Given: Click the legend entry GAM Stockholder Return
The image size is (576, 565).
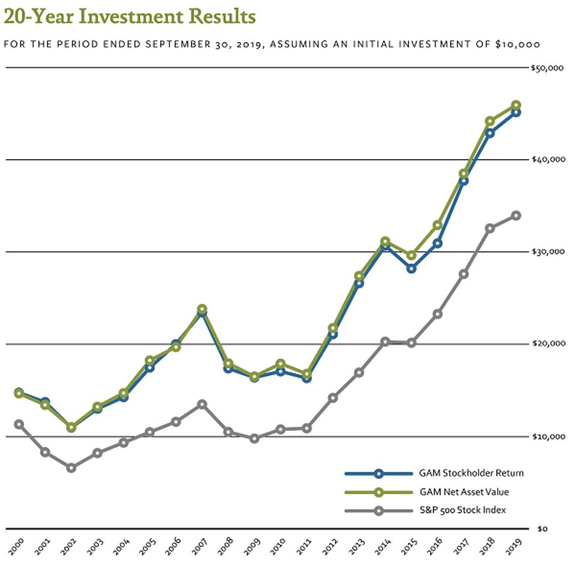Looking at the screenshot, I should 471,473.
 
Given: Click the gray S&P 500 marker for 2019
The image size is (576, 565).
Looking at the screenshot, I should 516,216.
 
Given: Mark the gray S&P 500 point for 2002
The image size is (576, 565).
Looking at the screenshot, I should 71,468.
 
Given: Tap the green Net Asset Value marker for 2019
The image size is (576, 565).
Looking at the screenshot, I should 516,106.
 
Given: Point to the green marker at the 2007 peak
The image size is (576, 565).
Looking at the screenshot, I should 202,309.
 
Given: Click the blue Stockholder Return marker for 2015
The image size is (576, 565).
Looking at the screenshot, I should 411,268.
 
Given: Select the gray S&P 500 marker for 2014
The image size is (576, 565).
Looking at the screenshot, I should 385,342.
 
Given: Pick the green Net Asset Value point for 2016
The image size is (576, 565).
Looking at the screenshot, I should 438,225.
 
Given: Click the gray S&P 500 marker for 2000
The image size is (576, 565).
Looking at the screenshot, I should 19,424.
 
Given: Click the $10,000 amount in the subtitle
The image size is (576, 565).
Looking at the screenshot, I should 517,44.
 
